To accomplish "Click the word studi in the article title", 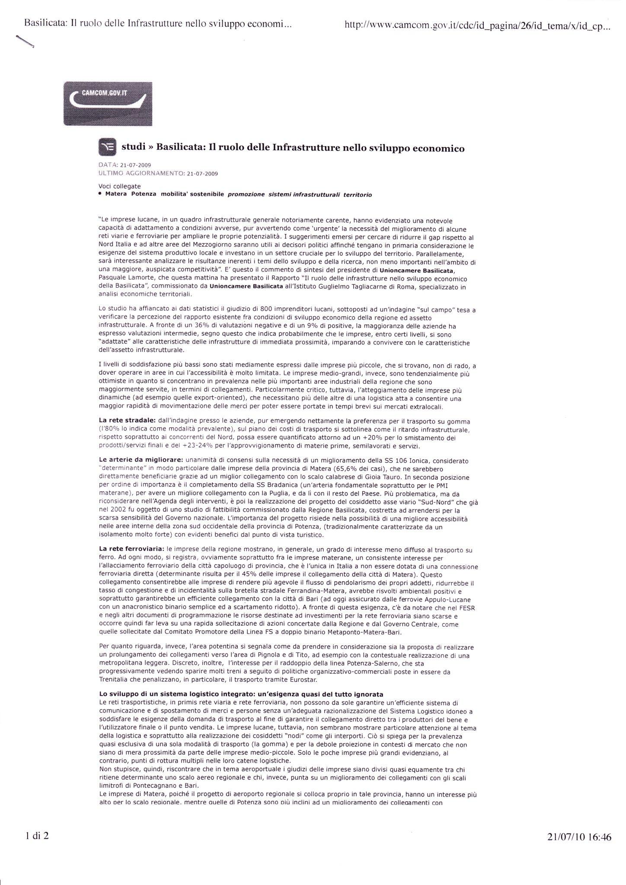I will click(133, 148).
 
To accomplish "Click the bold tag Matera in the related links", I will click(116, 194).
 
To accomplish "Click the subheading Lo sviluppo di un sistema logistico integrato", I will click(241, 694).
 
